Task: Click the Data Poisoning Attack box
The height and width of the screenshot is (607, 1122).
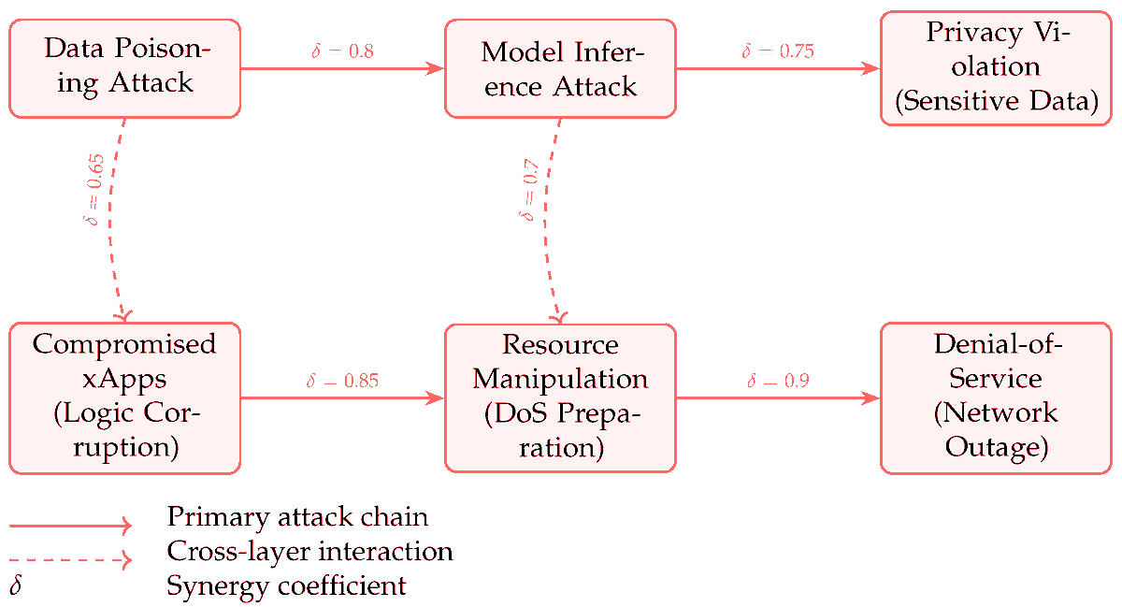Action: [x=124, y=68]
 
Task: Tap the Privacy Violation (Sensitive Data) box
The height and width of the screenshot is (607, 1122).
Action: [x=996, y=68]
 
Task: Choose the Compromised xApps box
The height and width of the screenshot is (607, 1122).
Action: [x=124, y=397]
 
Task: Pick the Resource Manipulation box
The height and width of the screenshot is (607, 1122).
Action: [x=559, y=397]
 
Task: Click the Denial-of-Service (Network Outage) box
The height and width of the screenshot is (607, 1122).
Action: [x=996, y=397]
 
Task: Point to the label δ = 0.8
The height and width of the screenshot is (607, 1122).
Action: [x=342, y=51]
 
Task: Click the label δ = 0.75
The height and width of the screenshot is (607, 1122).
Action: [x=778, y=51]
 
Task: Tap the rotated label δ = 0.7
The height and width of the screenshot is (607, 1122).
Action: [x=529, y=192]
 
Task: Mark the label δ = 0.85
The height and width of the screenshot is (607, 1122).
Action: [x=342, y=381]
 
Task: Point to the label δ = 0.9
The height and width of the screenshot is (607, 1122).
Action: [x=778, y=381]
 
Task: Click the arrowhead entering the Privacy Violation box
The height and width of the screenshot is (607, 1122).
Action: [x=872, y=68]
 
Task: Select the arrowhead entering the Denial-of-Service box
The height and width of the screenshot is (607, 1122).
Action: [x=872, y=397]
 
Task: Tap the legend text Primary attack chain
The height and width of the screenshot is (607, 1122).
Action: [x=297, y=516]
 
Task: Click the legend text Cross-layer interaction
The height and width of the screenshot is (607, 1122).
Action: [x=309, y=551]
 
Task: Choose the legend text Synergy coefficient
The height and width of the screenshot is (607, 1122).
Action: [x=286, y=586]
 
